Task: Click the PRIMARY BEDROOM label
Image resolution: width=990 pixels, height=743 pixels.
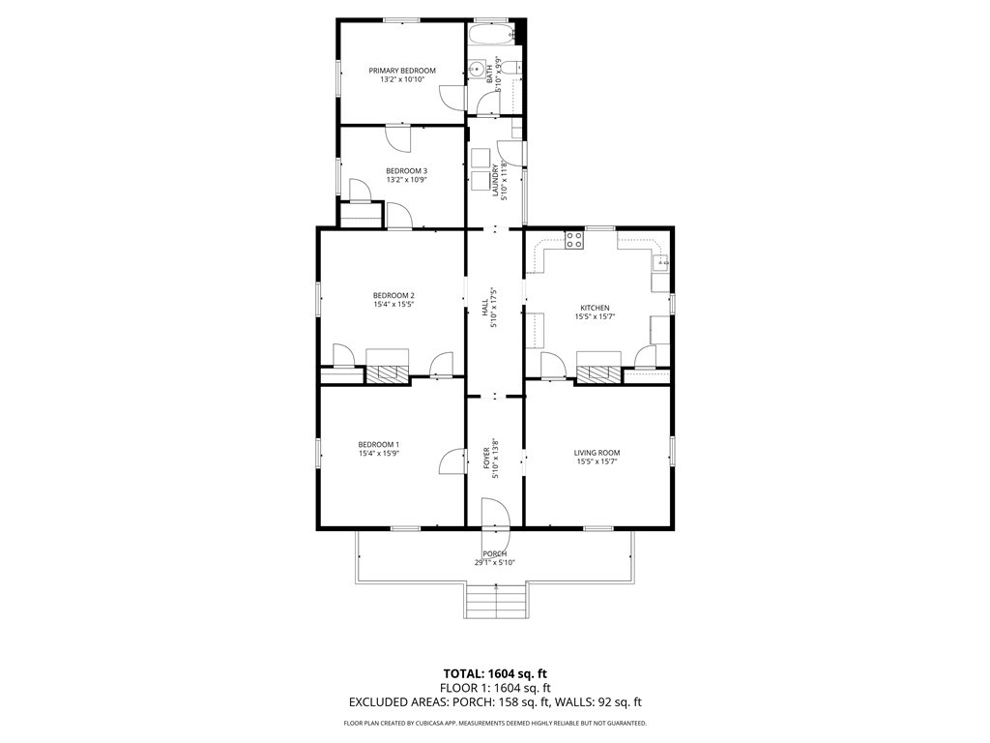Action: pos(402,71)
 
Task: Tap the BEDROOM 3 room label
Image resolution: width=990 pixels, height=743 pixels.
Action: pos(407,171)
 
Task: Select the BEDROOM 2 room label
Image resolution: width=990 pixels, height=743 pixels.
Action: pos(393,296)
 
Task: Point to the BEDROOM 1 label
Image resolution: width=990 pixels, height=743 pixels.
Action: pos(379,445)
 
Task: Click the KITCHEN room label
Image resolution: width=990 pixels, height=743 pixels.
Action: pos(595,309)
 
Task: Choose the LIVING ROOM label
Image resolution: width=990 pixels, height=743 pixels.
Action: pos(597,453)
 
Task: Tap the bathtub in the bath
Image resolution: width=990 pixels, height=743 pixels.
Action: pos(491,34)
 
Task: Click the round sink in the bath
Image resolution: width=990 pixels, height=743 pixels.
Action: pos(478,69)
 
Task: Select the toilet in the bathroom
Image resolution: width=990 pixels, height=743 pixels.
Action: pos(514,67)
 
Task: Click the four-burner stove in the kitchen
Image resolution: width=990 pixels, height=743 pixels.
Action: pos(574,240)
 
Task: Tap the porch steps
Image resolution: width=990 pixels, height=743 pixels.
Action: pos(496,602)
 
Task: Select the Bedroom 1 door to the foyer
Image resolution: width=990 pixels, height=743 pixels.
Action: pos(452,461)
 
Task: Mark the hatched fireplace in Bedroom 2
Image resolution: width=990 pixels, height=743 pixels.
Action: pos(388,374)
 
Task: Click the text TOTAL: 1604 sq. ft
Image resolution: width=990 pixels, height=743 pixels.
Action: pos(495,673)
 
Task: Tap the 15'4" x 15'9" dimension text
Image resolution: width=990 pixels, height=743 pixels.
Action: pos(379,454)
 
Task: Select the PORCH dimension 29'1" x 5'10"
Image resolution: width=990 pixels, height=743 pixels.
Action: pos(495,563)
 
